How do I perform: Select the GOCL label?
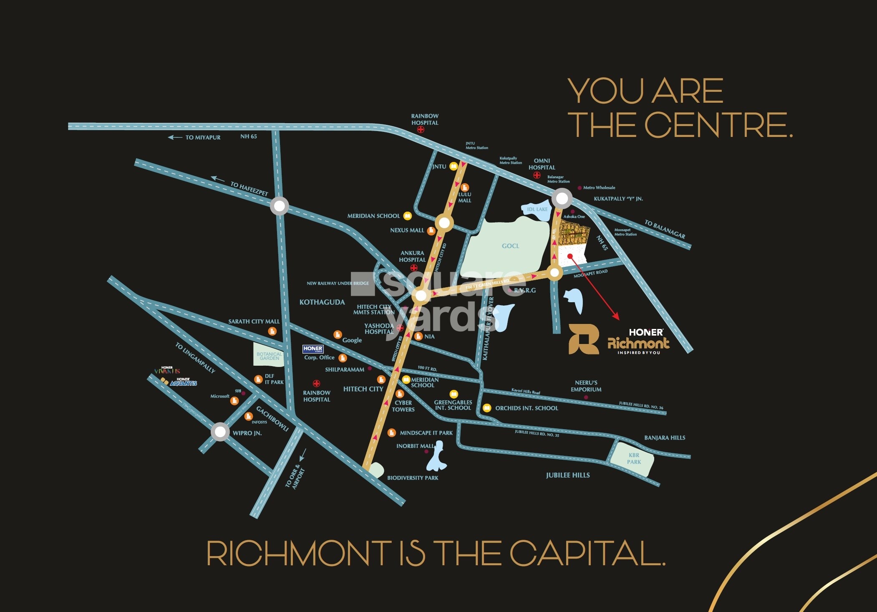[x=510, y=246]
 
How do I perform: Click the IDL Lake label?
[x=537, y=209]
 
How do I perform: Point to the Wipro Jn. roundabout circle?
[x=220, y=432]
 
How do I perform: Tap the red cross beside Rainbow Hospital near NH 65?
[x=421, y=130]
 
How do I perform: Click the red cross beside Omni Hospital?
[x=537, y=175]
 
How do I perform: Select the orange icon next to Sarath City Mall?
[x=272, y=331]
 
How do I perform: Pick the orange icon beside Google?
[x=338, y=334]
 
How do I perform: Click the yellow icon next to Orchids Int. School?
[x=486, y=408]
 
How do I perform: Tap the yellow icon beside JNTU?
[x=454, y=167]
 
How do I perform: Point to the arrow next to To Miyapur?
[x=175, y=137]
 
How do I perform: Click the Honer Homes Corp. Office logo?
[x=313, y=349]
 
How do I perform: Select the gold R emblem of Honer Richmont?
[x=584, y=339]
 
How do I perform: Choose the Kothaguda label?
[x=322, y=302]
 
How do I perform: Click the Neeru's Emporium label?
[x=586, y=386]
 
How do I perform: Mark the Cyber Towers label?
[x=403, y=406]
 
